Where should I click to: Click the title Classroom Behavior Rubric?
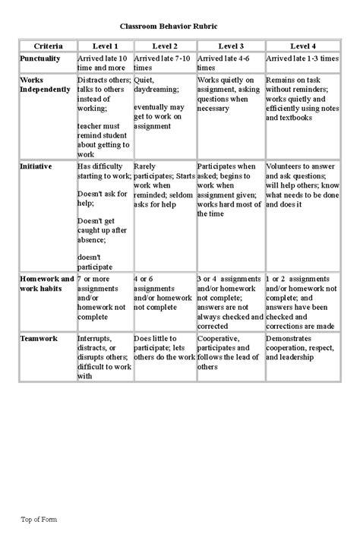point(179,25)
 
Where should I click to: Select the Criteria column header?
point(48,47)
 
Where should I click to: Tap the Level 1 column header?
point(104,47)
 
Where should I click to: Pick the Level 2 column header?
point(164,47)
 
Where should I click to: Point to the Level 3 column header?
point(230,47)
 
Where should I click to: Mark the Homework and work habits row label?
point(46,284)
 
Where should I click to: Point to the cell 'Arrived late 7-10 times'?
point(163,62)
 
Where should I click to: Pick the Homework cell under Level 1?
point(103,299)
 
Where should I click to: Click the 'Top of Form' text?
point(39,520)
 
